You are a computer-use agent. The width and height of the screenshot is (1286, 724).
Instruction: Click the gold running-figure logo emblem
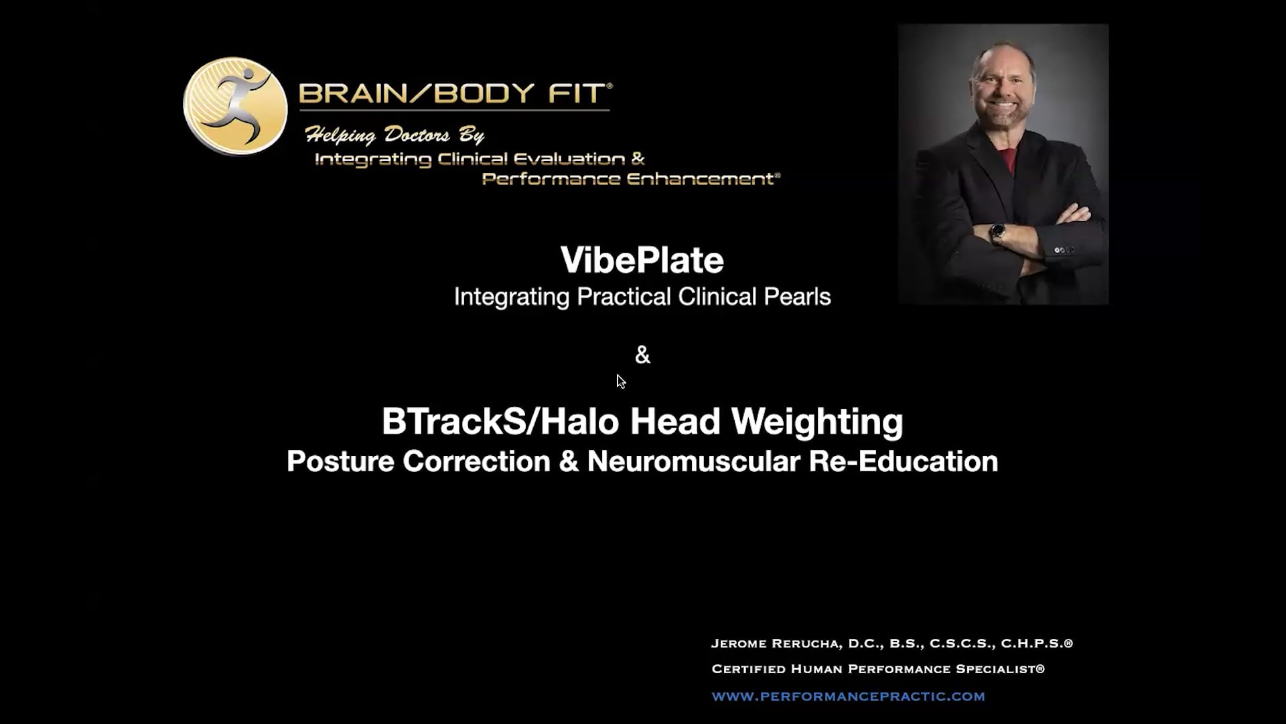tap(235, 106)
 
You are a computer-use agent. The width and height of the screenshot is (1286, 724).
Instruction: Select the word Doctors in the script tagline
tap(417, 135)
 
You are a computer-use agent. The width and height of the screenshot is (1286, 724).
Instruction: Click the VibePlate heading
tap(642, 260)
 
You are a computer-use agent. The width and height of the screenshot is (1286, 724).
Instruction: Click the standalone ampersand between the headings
tap(642, 355)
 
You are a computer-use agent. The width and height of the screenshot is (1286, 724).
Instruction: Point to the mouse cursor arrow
tap(620, 381)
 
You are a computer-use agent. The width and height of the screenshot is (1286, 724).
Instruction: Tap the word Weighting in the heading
tap(816, 422)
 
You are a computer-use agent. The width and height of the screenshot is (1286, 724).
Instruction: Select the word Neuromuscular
tap(693, 461)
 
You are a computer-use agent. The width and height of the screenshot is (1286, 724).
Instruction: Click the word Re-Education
tap(903, 461)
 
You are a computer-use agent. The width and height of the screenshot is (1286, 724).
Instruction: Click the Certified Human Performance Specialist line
tap(877, 669)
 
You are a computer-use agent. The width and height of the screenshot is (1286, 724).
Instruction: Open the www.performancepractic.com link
tap(848, 697)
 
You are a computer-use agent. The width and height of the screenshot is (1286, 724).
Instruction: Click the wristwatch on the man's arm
tap(997, 233)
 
